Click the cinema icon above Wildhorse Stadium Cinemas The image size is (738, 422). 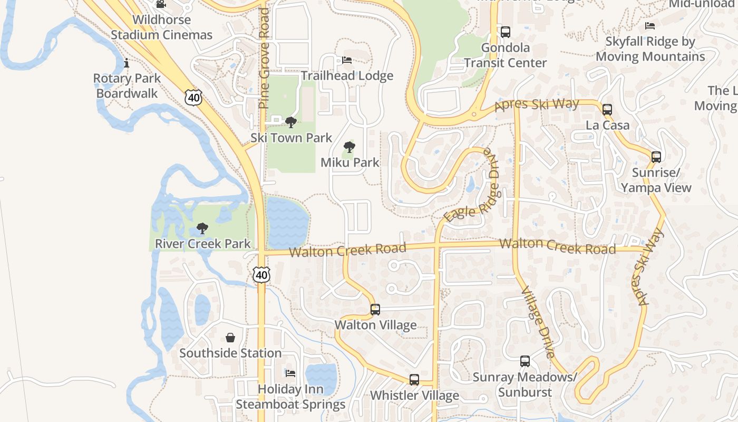161,5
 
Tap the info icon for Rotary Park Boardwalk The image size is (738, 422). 126,64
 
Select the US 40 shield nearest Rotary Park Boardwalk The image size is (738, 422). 193,97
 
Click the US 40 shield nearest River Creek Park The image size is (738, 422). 261,274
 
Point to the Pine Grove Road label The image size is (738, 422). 264,58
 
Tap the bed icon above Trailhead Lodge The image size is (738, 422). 347,60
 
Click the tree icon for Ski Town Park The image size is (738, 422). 290,123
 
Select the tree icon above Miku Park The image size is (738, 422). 349,147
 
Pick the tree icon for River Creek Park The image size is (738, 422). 202,229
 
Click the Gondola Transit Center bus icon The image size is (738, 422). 506,32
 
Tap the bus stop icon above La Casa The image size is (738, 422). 607,110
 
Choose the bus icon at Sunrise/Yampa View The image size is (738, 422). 656,157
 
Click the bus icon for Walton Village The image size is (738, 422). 375,310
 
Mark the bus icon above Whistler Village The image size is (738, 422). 414,380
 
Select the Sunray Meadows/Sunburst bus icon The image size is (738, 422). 525,361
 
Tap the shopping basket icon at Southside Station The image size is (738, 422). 230,338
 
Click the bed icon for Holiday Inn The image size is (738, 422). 290,373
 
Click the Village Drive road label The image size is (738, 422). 538,322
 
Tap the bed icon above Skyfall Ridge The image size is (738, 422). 650,26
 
